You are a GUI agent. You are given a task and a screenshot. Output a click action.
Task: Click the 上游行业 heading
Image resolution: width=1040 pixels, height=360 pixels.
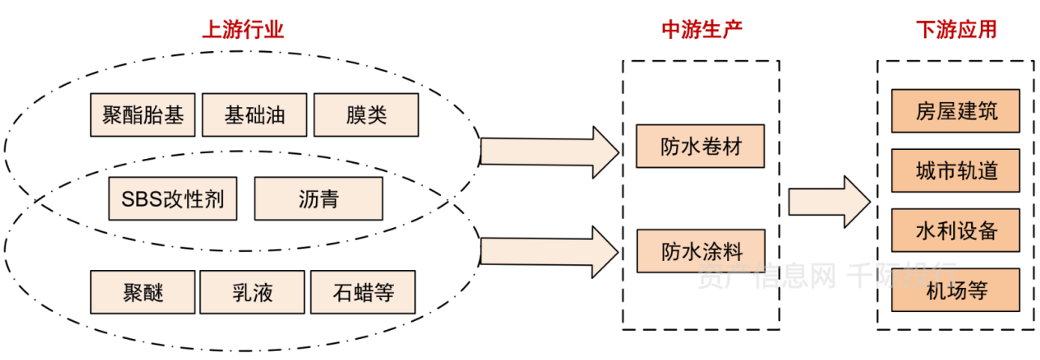(x=242, y=31)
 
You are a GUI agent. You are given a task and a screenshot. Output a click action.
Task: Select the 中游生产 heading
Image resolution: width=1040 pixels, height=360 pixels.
(x=702, y=31)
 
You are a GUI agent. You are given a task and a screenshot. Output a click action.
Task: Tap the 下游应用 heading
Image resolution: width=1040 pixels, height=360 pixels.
(x=956, y=31)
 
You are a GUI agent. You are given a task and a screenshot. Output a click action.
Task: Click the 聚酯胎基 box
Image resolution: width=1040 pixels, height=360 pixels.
(x=143, y=115)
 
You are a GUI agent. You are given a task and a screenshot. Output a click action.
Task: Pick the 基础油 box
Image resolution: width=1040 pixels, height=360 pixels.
(x=255, y=115)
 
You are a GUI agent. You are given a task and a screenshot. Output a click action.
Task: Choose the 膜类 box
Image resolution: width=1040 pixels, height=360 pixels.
(x=366, y=115)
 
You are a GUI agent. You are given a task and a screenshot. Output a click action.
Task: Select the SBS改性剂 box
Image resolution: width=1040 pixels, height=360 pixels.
(x=173, y=199)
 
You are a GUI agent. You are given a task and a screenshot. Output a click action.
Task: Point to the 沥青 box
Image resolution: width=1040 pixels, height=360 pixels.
(x=318, y=199)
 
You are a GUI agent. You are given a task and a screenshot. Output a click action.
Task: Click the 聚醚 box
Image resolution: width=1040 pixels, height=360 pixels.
(x=143, y=292)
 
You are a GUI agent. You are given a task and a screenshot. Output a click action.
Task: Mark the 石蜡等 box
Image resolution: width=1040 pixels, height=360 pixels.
(x=362, y=292)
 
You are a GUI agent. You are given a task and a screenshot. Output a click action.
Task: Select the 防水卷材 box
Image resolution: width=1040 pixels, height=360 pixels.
(x=700, y=146)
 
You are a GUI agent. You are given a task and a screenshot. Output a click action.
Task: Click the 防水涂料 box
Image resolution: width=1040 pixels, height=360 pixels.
(x=700, y=251)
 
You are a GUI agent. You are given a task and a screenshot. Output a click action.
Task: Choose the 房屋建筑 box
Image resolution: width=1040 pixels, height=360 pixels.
(x=956, y=111)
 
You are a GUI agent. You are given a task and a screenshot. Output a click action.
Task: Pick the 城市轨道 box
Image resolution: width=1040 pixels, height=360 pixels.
(x=956, y=170)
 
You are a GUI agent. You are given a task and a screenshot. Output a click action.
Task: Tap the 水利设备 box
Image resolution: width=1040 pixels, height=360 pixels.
(x=956, y=230)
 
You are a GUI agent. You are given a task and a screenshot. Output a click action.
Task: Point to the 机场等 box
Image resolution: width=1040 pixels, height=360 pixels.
(x=956, y=290)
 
